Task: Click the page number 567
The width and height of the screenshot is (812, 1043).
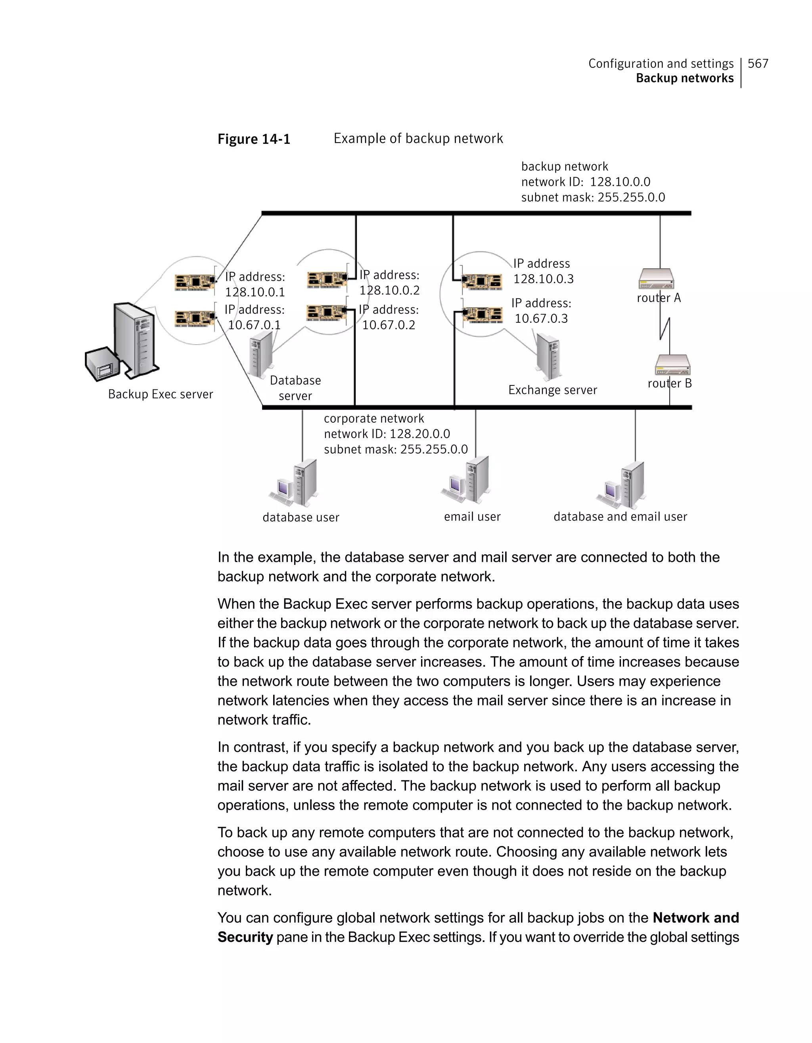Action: point(758,63)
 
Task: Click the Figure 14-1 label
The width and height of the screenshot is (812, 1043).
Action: point(254,139)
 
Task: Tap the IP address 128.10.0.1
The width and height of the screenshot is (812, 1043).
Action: point(255,292)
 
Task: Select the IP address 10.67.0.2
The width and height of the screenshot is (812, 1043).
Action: point(388,325)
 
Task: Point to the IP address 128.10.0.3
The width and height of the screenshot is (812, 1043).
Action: point(544,279)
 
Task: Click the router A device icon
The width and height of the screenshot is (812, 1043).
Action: point(656,278)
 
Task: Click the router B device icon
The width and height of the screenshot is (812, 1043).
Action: point(672,365)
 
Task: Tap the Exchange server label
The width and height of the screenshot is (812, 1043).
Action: point(552,390)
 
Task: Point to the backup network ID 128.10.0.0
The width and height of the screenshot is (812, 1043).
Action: point(620,182)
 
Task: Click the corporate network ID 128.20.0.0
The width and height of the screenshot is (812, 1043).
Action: point(419,434)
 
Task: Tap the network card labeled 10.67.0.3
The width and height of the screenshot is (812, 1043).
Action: point(482,315)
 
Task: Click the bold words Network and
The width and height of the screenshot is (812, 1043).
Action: point(695,917)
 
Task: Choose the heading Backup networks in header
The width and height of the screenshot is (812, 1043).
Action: point(684,78)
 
